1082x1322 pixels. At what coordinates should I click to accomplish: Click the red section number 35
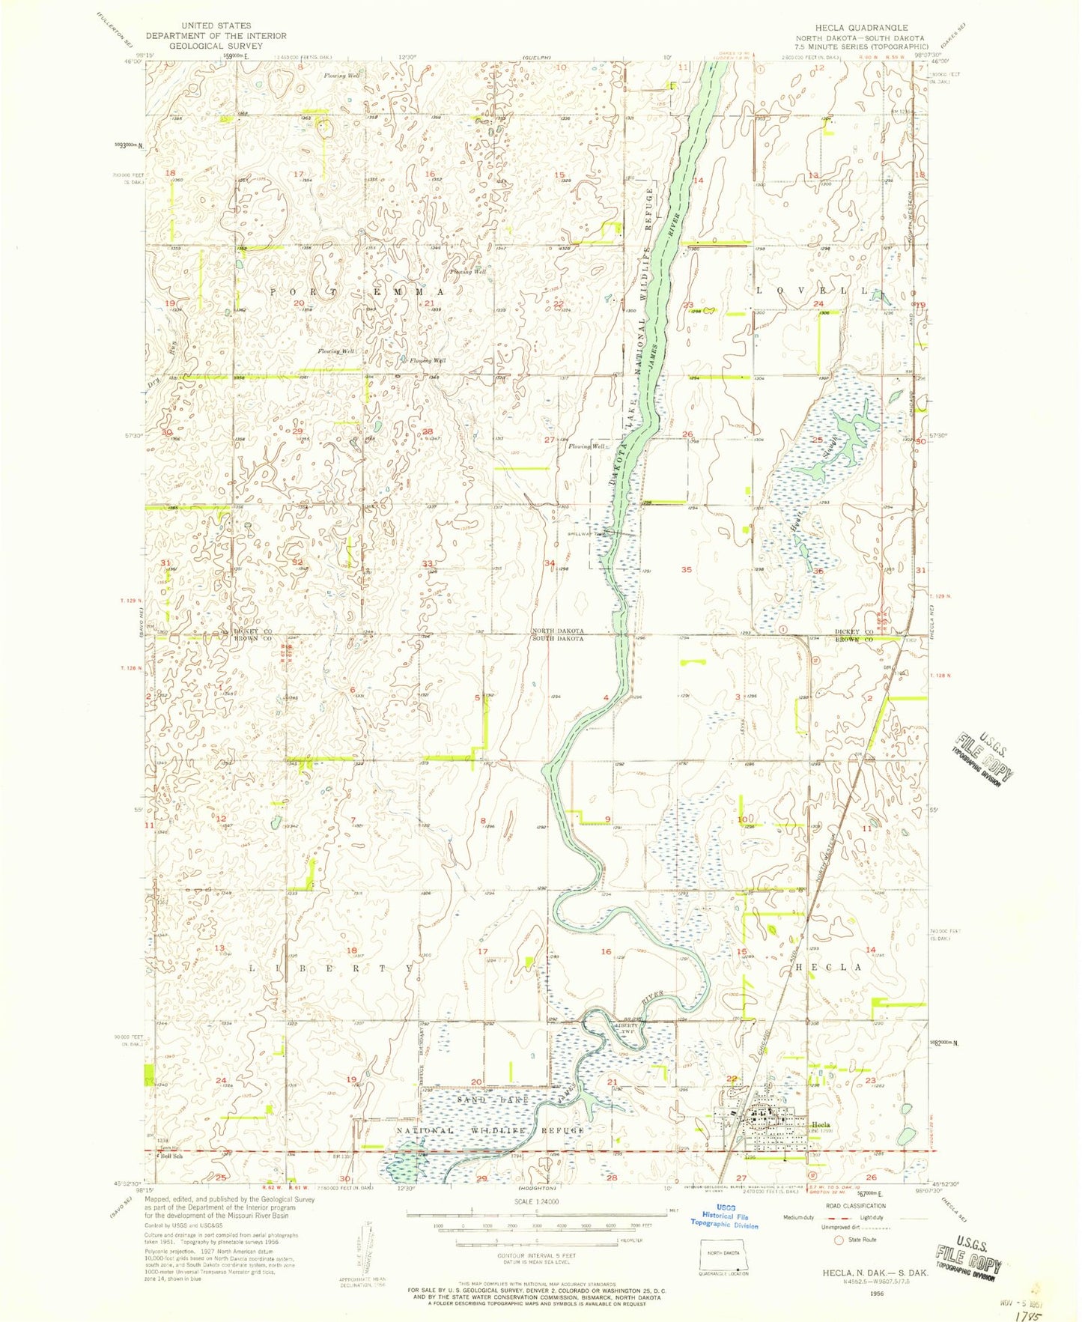[687, 569]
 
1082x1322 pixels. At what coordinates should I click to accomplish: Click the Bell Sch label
[173, 1156]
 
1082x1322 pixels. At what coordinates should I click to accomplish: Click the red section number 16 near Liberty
[605, 951]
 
